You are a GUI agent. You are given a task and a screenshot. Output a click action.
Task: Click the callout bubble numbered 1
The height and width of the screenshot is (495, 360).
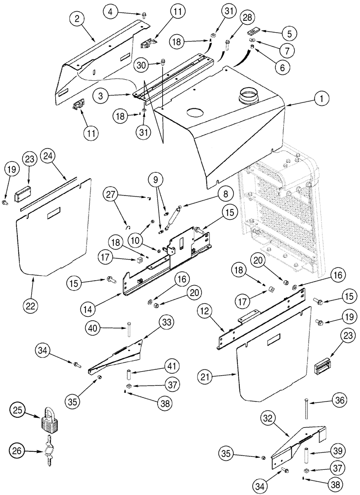point(322,99)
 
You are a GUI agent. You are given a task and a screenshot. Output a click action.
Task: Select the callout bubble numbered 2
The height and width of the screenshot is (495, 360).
point(77,20)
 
